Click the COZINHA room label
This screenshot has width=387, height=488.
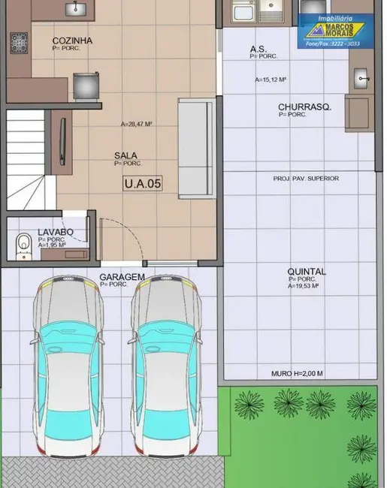(x=72, y=41)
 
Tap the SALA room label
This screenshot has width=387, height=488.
(x=125, y=155)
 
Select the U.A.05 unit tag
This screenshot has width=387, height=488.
(x=142, y=182)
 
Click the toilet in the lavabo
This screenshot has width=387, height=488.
(x=23, y=243)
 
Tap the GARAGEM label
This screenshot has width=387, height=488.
(x=122, y=277)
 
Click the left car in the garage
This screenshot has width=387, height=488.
(x=67, y=364)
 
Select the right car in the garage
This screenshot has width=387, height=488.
(x=166, y=364)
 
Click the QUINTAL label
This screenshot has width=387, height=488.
(x=307, y=272)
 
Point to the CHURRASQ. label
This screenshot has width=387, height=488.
(x=304, y=107)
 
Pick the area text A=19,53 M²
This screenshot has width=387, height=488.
(x=304, y=286)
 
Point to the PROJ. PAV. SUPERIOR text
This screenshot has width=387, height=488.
(x=306, y=178)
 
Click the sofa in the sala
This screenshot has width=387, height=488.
(x=197, y=148)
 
